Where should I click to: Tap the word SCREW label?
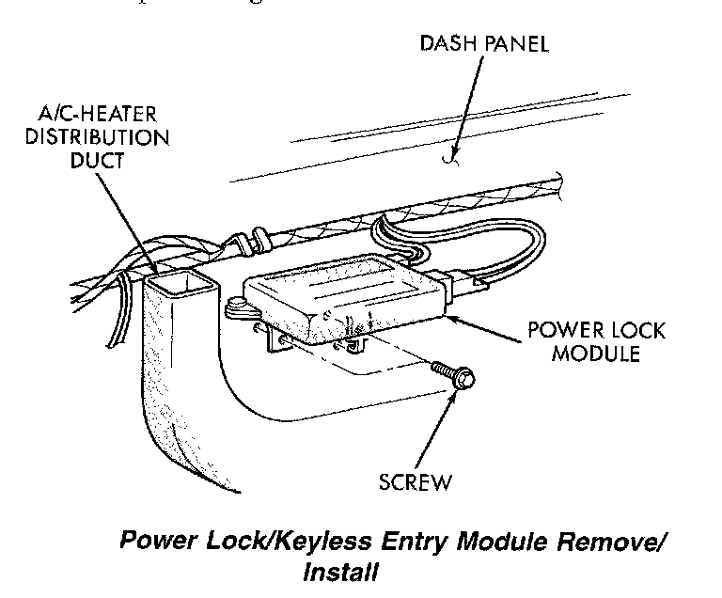coord(416,483)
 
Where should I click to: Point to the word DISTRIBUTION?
coord(110,137)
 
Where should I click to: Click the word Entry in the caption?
coord(410,543)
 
